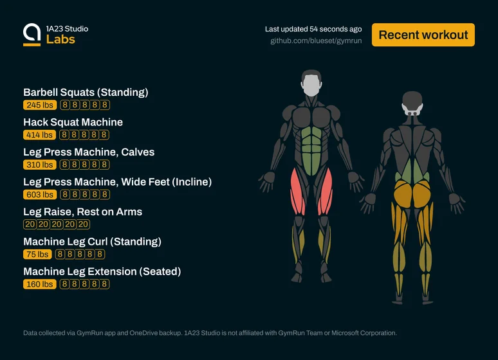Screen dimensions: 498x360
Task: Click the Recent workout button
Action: click(423, 35)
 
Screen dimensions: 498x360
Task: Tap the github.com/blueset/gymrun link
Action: click(316, 41)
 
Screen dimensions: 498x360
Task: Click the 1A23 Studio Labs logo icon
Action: click(32, 35)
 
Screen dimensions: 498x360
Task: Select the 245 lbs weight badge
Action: click(40, 105)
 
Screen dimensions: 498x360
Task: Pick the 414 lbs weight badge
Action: click(39, 135)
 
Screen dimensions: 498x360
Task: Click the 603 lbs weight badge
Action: click(40, 195)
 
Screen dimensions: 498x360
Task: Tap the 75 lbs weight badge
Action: click(37, 255)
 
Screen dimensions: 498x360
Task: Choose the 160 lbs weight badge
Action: click(40, 284)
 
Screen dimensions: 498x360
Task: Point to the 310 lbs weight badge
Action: click(40, 165)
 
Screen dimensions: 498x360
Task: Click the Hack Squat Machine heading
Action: click(73, 122)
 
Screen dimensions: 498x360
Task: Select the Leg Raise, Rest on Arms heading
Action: click(82, 212)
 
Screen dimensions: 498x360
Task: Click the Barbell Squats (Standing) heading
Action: click(86, 93)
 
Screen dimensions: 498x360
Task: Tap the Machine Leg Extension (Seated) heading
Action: click(102, 272)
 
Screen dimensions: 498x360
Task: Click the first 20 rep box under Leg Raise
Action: click(30, 224)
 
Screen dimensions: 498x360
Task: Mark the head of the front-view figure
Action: click(311, 83)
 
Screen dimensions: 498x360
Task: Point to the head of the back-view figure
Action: click(412, 104)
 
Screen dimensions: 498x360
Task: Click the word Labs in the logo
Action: click(60, 39)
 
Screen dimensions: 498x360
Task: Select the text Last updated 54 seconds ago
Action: click(313, 29)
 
